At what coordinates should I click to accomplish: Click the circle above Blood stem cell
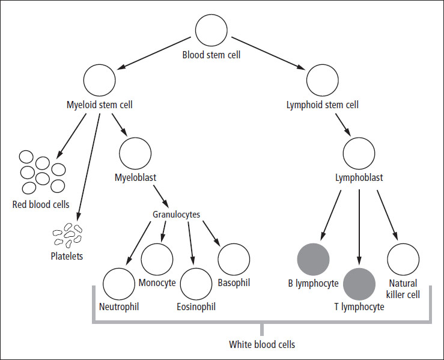point(211,31)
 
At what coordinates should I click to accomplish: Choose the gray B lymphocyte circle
point(314,259)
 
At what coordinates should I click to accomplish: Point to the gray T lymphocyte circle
point(359,284)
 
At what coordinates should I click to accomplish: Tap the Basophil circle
point(234,259)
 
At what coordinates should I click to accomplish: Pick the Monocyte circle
point(157,259)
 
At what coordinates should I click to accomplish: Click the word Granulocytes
point(183,214)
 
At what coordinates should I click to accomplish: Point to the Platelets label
point(67,255)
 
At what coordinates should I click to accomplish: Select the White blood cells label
point(262,345)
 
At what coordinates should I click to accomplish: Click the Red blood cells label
point(41,204)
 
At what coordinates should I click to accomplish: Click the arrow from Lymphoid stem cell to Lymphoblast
point(344,123)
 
